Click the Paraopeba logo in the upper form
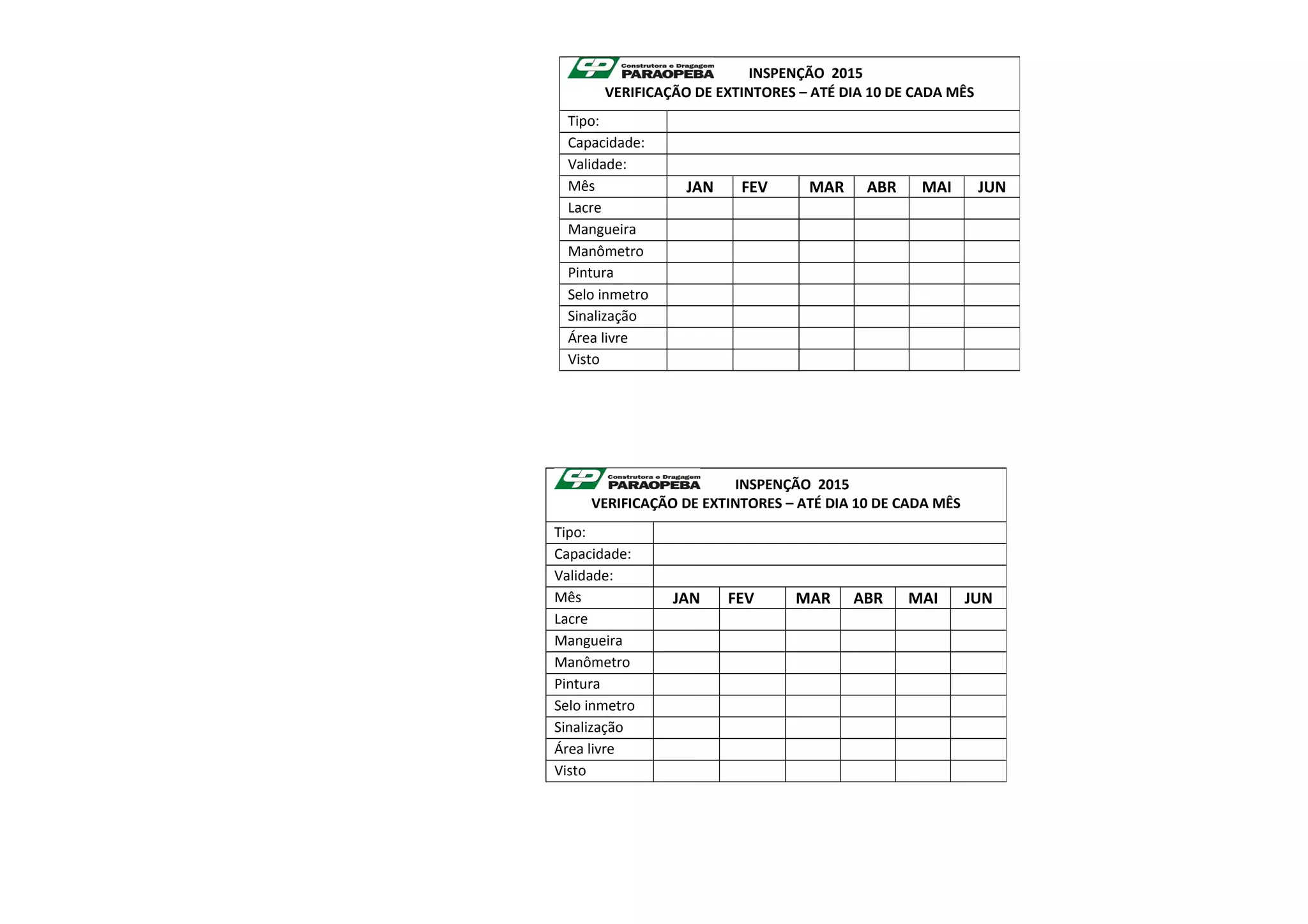point(641,68)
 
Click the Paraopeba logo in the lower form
point(628,480)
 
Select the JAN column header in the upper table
point(699,187)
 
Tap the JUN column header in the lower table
point(978,598)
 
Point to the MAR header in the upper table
point(826,187)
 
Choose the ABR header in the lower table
point(867,598)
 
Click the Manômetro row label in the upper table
point(605,252)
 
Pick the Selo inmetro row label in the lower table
point(594,706)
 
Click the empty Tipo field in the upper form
point(842,121)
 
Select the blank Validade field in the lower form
point(829,576)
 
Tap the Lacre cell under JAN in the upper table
point(699,208)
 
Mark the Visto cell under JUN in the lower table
point(978,771)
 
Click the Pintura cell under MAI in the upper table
point(936,273)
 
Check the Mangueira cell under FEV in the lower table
point(752,641)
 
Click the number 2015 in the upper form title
point(847,73)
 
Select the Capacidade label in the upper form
point(605,143)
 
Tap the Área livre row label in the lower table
point(584,749)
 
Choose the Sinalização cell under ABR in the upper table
point(881,317)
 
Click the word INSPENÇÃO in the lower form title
point(773,485)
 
